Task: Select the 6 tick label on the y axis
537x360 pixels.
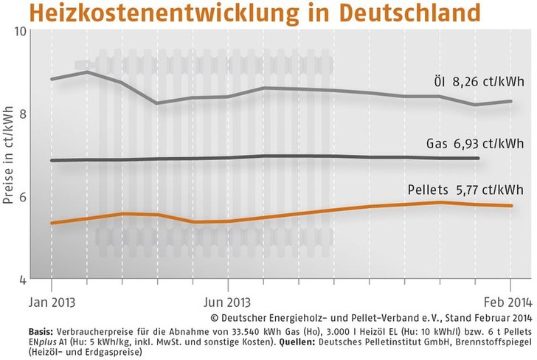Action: point(23,197)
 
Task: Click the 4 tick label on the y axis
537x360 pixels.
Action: point(23,280)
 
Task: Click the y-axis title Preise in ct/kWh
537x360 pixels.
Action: point(7,156)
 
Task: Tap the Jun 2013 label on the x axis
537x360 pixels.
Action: point(227,302)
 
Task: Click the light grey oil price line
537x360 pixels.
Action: point(295,89)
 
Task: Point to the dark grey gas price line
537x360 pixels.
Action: point(295,156)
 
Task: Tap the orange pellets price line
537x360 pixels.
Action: point(295,215)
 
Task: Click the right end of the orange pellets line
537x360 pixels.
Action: point(511,206)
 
